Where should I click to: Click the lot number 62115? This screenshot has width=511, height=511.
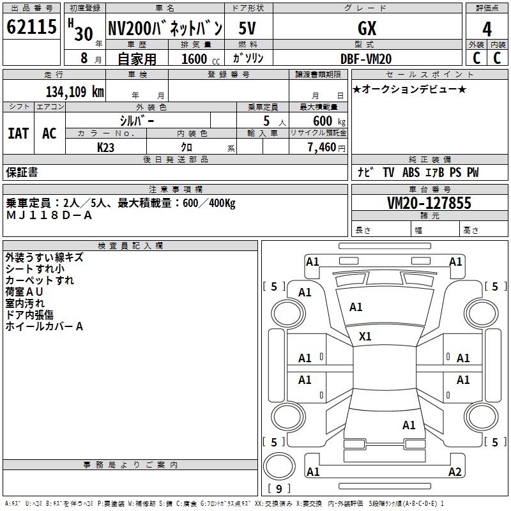coord(31,27)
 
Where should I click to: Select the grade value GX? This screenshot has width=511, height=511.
coord(367,28)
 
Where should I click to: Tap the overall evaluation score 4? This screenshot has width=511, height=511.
coord(487,29)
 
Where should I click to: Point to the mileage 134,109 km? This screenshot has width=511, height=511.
coord(75,91)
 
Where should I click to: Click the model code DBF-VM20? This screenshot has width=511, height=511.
coord(365,59)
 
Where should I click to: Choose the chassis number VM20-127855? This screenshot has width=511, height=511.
coord(429,202)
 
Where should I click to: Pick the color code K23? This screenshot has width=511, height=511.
coord(105,148)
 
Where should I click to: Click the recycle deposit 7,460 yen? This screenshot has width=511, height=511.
coord(326,148)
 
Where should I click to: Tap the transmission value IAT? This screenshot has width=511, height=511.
coord(19,133)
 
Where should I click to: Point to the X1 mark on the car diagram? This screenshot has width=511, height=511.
coord(365,336)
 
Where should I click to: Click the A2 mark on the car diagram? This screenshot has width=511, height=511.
coord(455,471)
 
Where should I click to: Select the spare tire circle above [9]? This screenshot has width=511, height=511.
coord(279,466)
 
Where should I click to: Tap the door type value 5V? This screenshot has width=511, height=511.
coord(247,28)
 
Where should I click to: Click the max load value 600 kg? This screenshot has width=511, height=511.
coord(329,121)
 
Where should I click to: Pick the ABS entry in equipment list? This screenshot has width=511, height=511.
coord(411,172)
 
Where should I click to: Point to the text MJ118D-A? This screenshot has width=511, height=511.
coord(49,215)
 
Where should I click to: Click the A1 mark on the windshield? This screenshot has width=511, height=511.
coord(356,307)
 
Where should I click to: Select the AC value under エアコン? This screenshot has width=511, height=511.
coord(49,133)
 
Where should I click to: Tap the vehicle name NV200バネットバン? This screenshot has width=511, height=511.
coord(165,28)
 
